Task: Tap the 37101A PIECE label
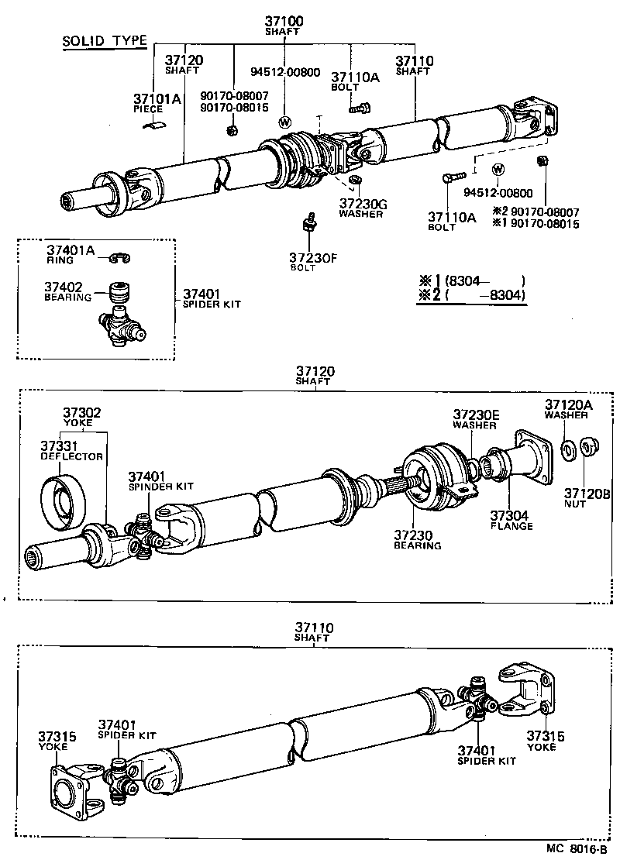157,103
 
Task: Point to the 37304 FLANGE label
511,520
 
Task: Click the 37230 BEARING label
417,539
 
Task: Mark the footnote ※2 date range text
470,295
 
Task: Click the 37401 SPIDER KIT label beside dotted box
212,298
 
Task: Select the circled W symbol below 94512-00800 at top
284,122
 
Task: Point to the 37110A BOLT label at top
354,81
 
